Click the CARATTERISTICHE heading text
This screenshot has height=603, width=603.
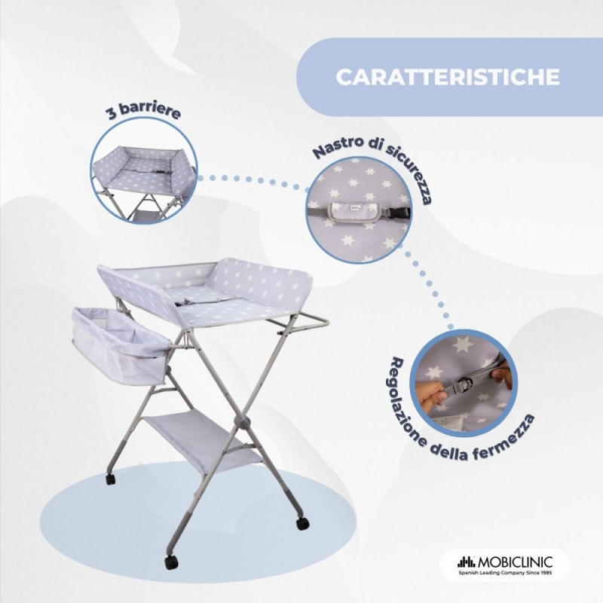(x=448, y=77)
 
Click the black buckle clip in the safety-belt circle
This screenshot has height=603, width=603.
(x=403, y=210)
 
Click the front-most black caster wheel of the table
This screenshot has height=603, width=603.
(x=170, y=562)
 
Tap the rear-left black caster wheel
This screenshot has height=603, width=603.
(x=110, y=479)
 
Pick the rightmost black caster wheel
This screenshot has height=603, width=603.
(x=303, y=523)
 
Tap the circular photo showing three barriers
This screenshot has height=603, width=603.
(x=144, y=171)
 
